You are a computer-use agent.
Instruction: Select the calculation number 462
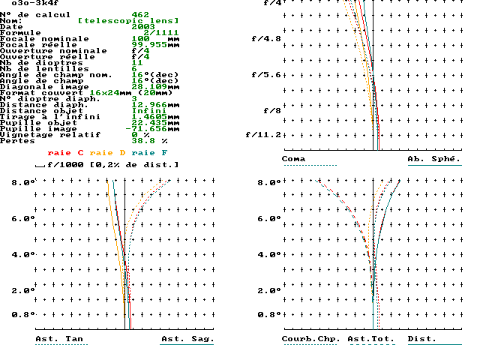point(140,14)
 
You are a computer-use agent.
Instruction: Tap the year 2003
point(143,27)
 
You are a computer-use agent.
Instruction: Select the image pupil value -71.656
point(155,129)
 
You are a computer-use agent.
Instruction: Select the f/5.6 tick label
point(263,75)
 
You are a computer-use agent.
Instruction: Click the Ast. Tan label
point(59,339)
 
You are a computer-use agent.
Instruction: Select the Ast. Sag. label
point(187,339)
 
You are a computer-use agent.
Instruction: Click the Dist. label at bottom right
point(422,339)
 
